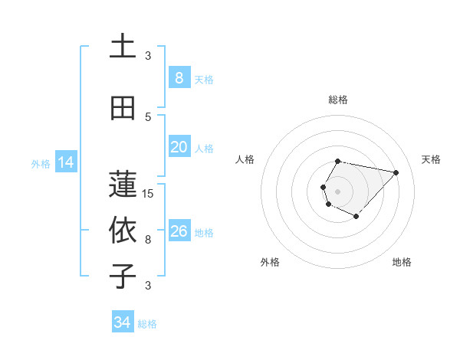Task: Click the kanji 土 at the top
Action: (122, 46)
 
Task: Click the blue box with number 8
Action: (179, 77)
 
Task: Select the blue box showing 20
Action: (179, 146)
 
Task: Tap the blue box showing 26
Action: (179, 231)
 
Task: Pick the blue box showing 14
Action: (65, 162)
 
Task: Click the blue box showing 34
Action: (122, 322)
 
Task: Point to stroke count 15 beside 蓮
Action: (148, 193)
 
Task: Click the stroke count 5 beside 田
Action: (148, 116)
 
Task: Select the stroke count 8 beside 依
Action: (148, 239)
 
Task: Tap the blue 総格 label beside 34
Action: (147, 324)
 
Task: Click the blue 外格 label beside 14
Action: (41, 163)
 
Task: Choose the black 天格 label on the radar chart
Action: (432, 159)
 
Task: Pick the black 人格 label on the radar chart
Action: (245, 159)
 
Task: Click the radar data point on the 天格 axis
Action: (396, 172)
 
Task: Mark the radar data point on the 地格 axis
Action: (356, 217)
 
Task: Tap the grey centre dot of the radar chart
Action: (337, 191)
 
